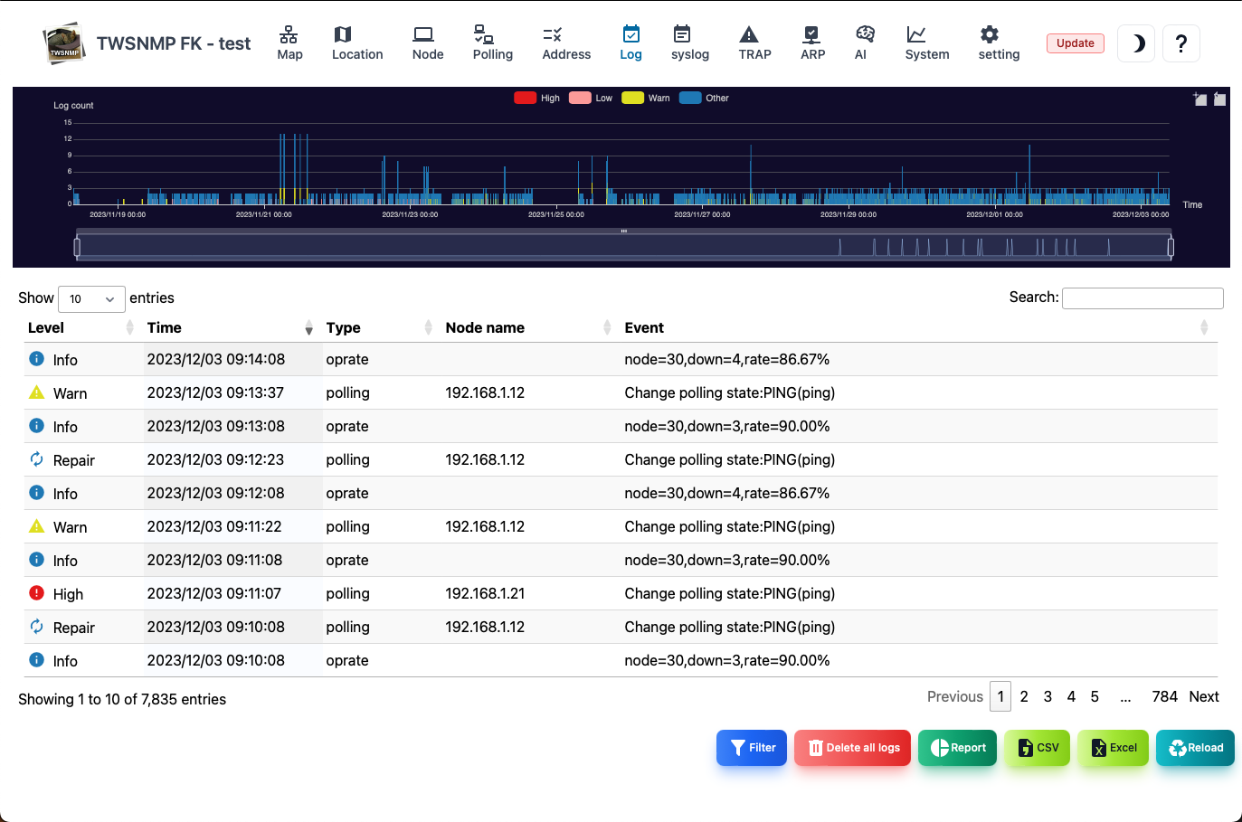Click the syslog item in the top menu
click(690, 43)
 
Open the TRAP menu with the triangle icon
click(754, 43)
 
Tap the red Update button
click(1076, 43)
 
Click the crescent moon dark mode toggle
click(1136, 43)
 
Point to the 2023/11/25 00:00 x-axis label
click(555, 214)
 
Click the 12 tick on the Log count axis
click(68, 138)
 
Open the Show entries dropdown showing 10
click(91, 298)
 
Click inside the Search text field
click(1142, 298)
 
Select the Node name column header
click(485, 327)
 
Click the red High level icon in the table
click(36, 593)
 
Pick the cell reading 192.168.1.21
click(485, 593)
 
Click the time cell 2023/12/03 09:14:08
click(215, 359)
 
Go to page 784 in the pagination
click(1164, 696)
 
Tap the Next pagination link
click(1204, 696)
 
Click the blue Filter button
click(752, 748)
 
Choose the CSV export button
click(1037, 748)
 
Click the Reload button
click(1195, 748)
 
